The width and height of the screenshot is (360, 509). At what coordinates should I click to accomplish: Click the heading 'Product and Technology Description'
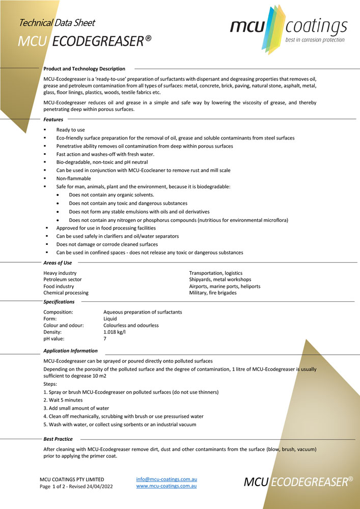(85, 68)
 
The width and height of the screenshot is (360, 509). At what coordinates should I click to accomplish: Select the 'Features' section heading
(53, 120)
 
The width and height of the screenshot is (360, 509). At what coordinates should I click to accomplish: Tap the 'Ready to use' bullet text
(70, 130)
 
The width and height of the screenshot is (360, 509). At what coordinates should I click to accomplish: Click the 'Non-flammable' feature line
(73, 179)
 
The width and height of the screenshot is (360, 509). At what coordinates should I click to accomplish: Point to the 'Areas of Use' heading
(58, 263)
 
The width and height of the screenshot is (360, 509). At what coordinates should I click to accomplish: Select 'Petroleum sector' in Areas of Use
(63, 279)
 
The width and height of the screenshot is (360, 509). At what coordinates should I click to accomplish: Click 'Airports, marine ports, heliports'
(225, 286)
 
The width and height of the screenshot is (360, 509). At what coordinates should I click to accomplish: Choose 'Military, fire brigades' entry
(213, 293)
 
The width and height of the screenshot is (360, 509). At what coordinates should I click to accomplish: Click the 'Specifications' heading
(59, 302)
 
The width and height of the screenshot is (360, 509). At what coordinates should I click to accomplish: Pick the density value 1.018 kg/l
(115, 332)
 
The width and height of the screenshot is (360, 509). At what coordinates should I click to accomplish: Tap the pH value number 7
(105, 338)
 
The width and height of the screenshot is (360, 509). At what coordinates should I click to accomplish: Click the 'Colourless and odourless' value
(131, 325)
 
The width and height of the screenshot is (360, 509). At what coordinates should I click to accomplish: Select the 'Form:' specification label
(51, 319)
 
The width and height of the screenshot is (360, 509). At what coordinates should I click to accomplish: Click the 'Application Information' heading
(71, 351)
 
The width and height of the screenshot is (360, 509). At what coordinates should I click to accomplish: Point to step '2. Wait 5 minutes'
(64, 400)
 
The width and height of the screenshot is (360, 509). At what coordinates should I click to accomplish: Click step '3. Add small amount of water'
(76, 408)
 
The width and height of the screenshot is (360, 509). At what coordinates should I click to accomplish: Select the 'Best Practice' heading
(58, 439)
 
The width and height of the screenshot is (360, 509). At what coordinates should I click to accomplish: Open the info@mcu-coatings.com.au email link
(167, 479)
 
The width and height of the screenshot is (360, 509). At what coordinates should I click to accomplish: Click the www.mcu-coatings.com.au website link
(167, 487)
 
